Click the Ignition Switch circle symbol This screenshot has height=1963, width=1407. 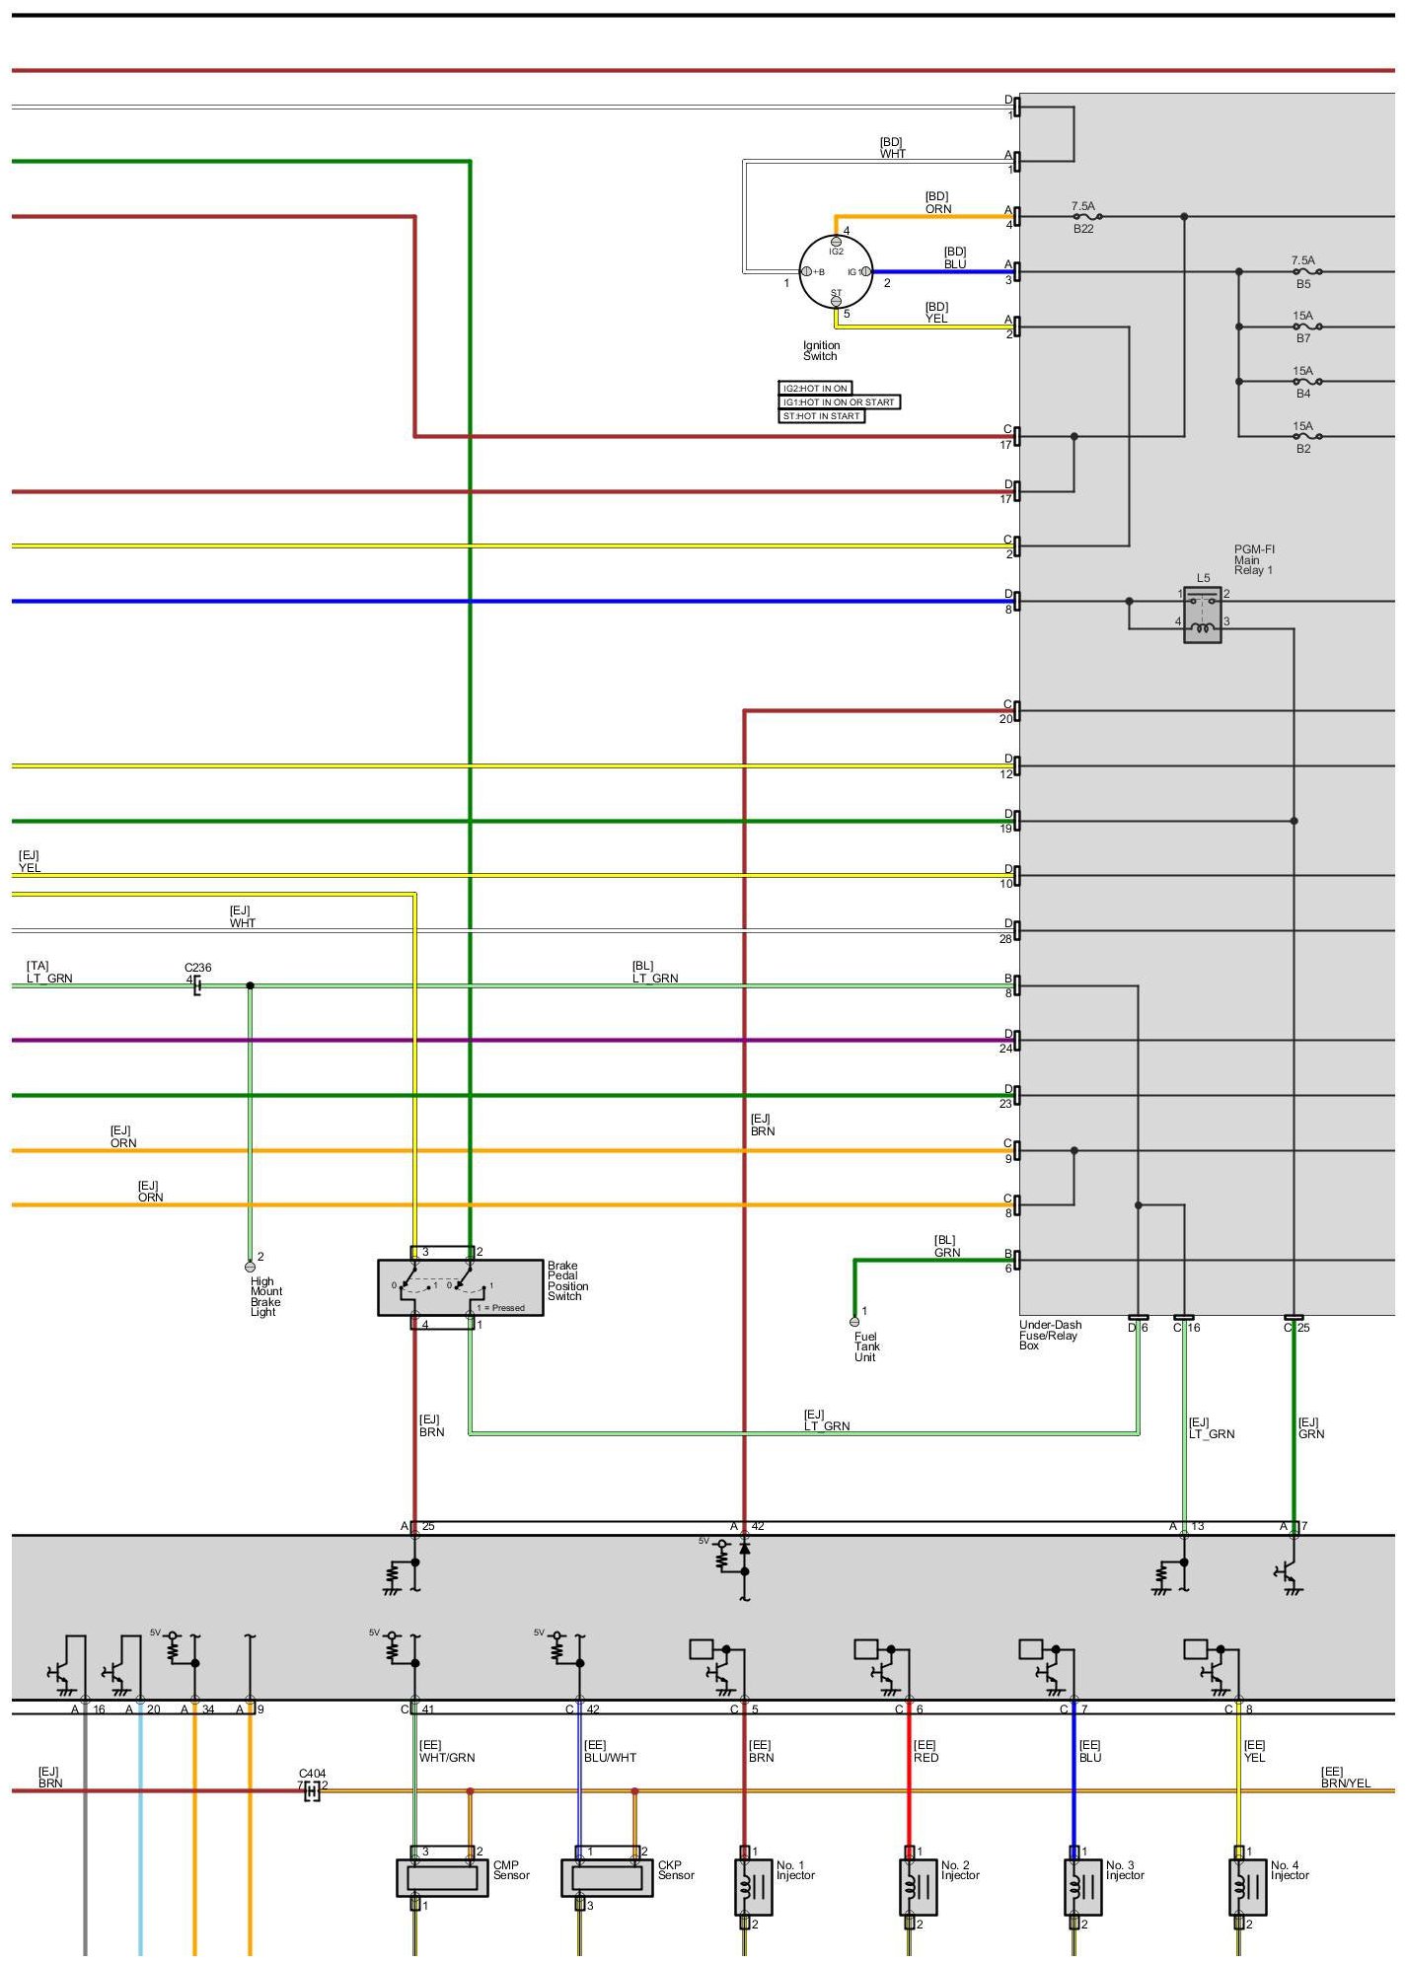click(836, 271)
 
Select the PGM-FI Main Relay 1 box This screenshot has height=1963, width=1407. click(1203, 614)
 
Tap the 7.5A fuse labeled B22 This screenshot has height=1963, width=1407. click(1085, 216)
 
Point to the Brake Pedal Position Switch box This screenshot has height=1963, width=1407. click(460, 1286)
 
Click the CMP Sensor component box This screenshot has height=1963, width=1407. click(442, 1877)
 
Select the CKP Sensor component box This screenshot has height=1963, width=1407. click(607, 1877)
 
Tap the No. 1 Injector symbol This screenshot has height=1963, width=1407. click(754, 1886)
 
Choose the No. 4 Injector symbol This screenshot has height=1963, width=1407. click(1247, 1886)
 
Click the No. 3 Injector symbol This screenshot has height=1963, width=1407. click(1082, 1886)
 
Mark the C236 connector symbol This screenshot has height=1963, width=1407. click(197, 985)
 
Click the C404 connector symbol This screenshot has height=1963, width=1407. click(312, 1791)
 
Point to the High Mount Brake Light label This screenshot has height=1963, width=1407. click(265, 1296)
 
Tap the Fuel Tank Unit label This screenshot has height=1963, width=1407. click(866, 1346)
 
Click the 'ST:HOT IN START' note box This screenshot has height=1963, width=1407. click(821, 416)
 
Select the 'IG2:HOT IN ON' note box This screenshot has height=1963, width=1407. click(815, 389)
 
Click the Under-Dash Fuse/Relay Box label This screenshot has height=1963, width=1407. click(1050, 1335)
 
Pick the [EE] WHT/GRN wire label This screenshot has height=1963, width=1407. click(447, 1751)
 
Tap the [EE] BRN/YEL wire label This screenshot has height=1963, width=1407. click(1346, 1777)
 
